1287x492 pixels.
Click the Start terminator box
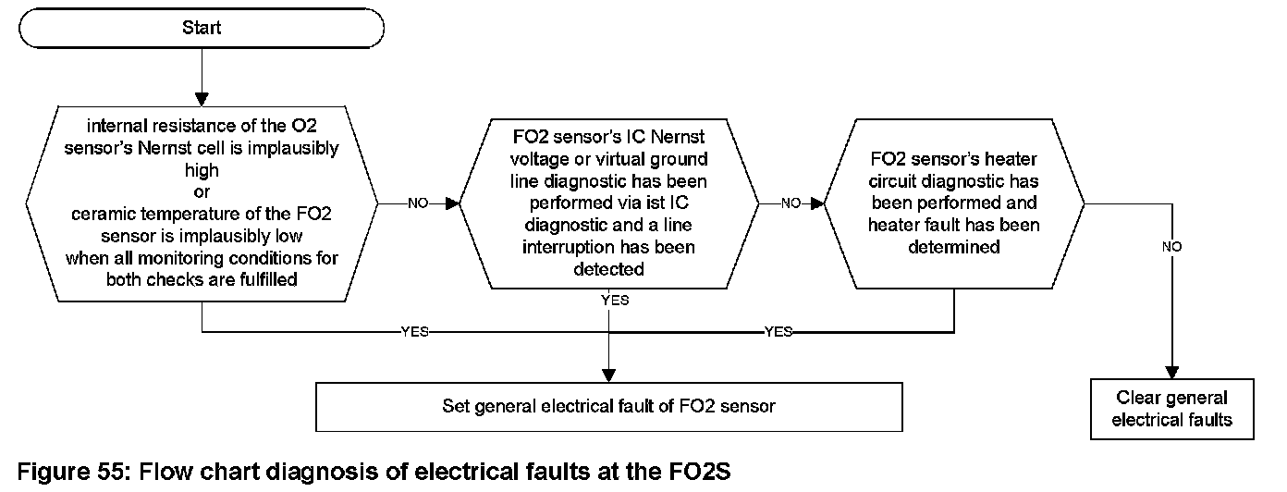[x=201, y=28]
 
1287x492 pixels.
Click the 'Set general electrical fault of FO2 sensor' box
[x=608, y=405]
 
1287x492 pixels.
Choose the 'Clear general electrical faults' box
[x=1171, y=408]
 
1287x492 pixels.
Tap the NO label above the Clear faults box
[x=1171, y=247]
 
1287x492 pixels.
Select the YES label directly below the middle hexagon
[x=614, y=301]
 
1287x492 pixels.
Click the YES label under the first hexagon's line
[x=414, y=332]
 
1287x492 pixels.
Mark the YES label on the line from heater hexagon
[x=778, y=332]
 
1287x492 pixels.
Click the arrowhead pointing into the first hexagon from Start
[x=201, y=98]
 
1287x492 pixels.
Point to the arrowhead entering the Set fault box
[x=608, y=375]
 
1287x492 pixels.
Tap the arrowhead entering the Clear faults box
[x=1171, y=372]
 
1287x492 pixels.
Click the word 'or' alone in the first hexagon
[x=201, y=192]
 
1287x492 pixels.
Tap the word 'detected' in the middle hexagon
[x=608, y=269]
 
